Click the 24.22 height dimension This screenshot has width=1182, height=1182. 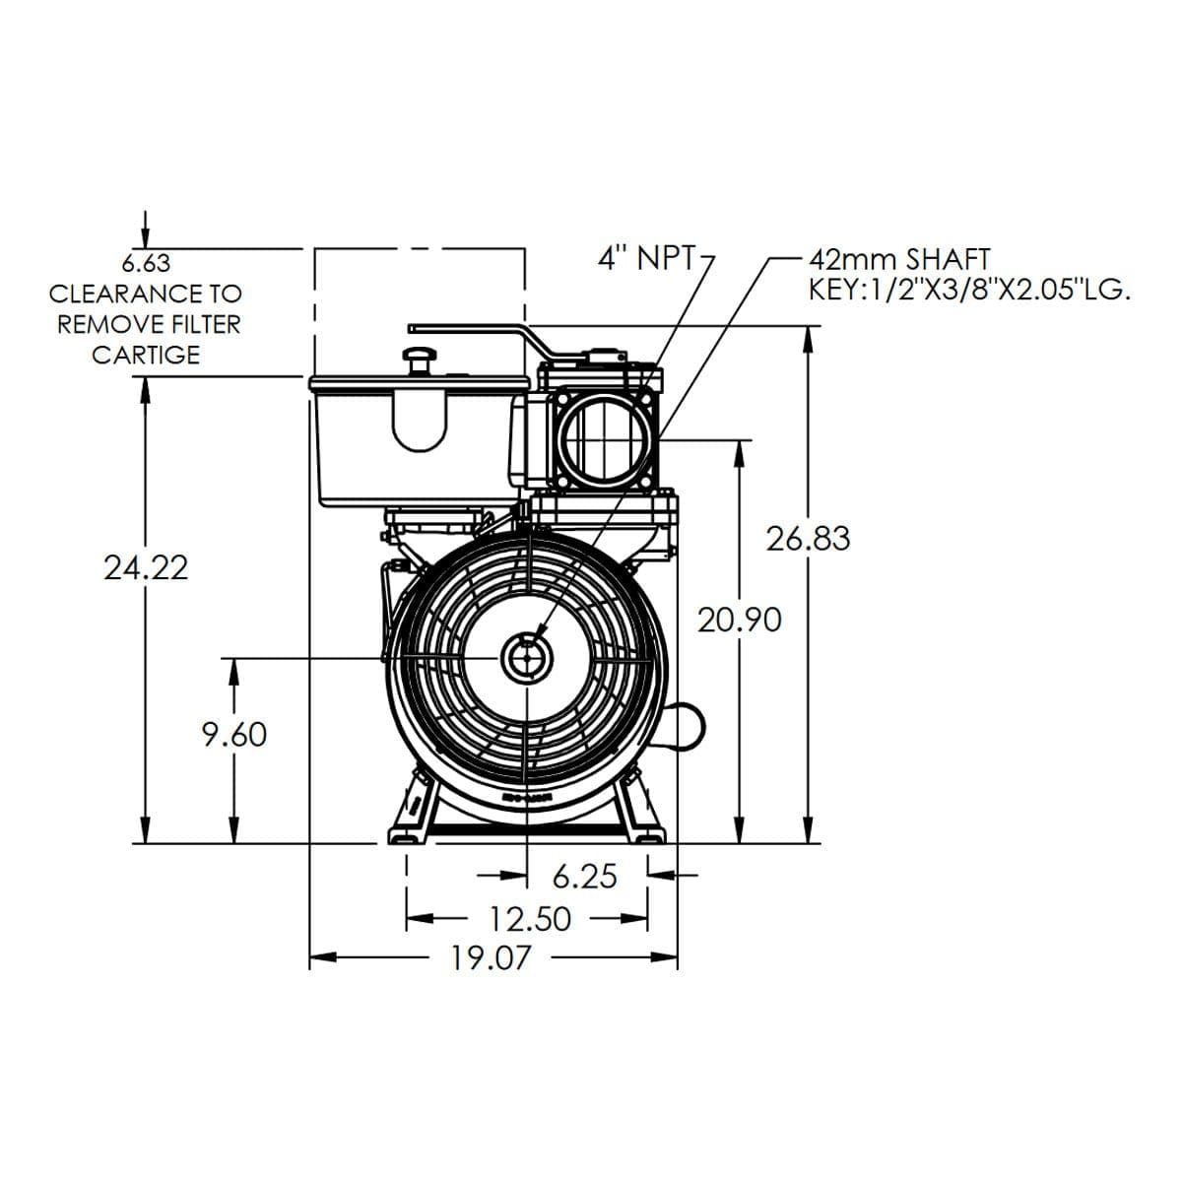click(x=146, y=567)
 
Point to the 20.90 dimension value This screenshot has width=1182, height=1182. click(x=740, y=620)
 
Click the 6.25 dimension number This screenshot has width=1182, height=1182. click(x=584, y=876)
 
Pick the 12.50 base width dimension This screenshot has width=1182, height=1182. click(x=531, y=919)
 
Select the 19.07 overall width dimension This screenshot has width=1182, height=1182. click(x=491, y=956)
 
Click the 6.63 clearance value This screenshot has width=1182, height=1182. click(x=146, y=264)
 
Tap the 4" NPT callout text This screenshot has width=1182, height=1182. click(x=645, y=258)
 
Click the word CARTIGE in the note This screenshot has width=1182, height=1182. click(x=146, y=355)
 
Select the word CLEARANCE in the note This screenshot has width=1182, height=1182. click(x=110, y=294)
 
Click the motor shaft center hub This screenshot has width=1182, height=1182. click(x=527, y=657)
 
